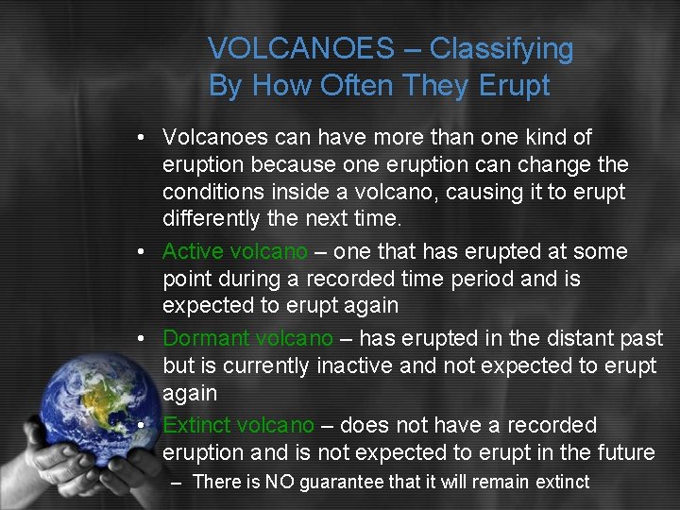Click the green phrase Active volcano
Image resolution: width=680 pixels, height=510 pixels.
[235, 251]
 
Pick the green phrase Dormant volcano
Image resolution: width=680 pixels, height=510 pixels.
[247, 338]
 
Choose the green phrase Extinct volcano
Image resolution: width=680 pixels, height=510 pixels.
[239, 425]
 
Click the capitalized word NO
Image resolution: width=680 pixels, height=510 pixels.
[280, 483]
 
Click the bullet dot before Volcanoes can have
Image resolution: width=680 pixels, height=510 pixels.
[140, 138]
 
